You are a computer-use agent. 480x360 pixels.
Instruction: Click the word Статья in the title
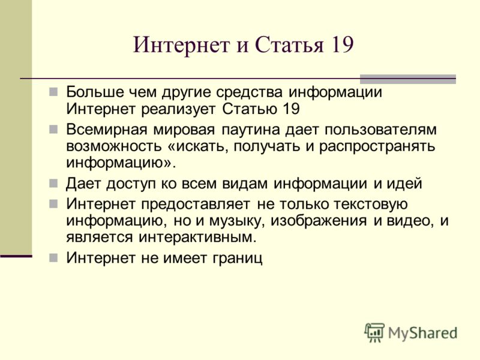(289, 44)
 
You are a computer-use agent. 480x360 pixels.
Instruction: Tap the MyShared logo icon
(374, 332)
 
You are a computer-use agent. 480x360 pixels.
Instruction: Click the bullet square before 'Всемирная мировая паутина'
(53, 130)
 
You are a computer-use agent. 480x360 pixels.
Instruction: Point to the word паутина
(251, 130)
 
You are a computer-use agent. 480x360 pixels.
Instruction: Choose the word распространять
(377, 146)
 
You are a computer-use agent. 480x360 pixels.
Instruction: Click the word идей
(404, 184)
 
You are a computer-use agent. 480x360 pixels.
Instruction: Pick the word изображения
(319, 221)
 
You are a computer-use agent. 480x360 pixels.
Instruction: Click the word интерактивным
(197, 237)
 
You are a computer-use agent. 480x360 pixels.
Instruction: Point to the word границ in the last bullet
(237, 258)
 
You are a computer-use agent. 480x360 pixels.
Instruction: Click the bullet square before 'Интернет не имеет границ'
(53, 258)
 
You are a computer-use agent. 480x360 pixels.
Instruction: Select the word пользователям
(380, 130)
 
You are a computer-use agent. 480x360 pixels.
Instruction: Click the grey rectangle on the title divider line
(408, 79)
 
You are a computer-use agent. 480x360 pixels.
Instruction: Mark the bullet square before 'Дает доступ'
(53, 184)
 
